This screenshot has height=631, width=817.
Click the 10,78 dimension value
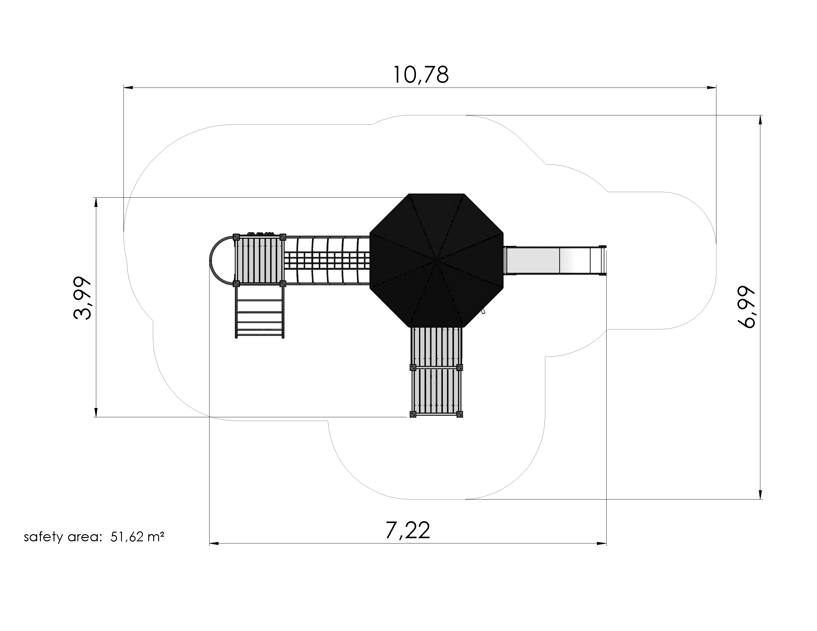click(x=421, y=75)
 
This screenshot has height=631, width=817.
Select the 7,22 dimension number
click(x=408, y=530)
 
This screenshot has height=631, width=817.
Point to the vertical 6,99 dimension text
click(x=746, y=307)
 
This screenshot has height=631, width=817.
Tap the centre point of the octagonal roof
click(x=437, y=259)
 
